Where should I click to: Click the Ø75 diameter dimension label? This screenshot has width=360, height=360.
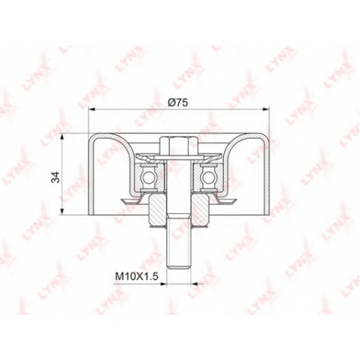[178, 103]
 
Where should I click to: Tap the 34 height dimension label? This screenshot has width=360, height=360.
[56, 177]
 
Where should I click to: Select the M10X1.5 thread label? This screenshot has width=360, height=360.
[137, 276]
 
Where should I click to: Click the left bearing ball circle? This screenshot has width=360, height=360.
[148, 179]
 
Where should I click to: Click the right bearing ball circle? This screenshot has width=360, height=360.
[208, 179]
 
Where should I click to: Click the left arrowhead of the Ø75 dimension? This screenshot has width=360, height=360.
[92, 109]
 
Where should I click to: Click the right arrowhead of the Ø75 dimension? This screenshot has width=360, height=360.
[265, 109]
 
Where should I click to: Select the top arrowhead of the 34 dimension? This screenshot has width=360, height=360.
[63, 136]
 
